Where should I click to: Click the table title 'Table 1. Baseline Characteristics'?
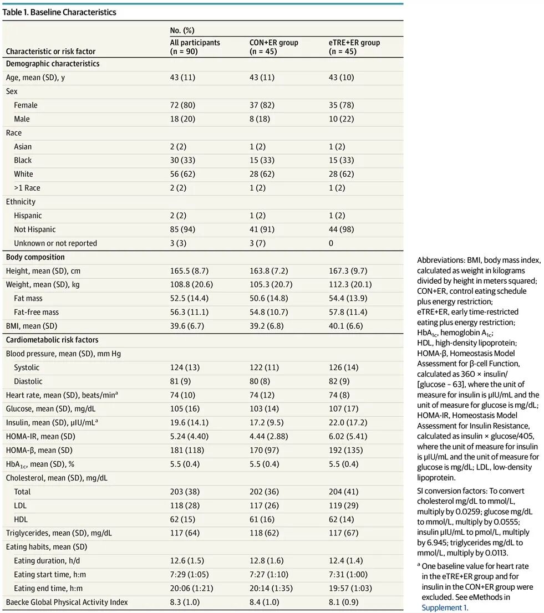pyautogui.click(x=59, y=12)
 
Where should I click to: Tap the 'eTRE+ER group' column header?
pyautogui.click(x=354, y=43)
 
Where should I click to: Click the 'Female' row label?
pyautogui.click(x=26, y=105)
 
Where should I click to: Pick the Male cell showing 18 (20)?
pyautogui.click(x=183, y=119)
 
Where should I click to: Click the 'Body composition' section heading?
pyautogui.click(x=35, y=257)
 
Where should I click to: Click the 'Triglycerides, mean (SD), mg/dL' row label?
pyautogui.click(x=59, y=533)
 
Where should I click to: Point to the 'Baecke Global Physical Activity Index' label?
pyautogui.click(x=67, y=602)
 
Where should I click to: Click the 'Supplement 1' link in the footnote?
pyautogui.click(x=445, y=607)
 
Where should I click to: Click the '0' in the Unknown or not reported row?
pyautogui.click(x=331, y=243)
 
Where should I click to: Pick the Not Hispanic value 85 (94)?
pyautogui.click(x=183, y=229)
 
